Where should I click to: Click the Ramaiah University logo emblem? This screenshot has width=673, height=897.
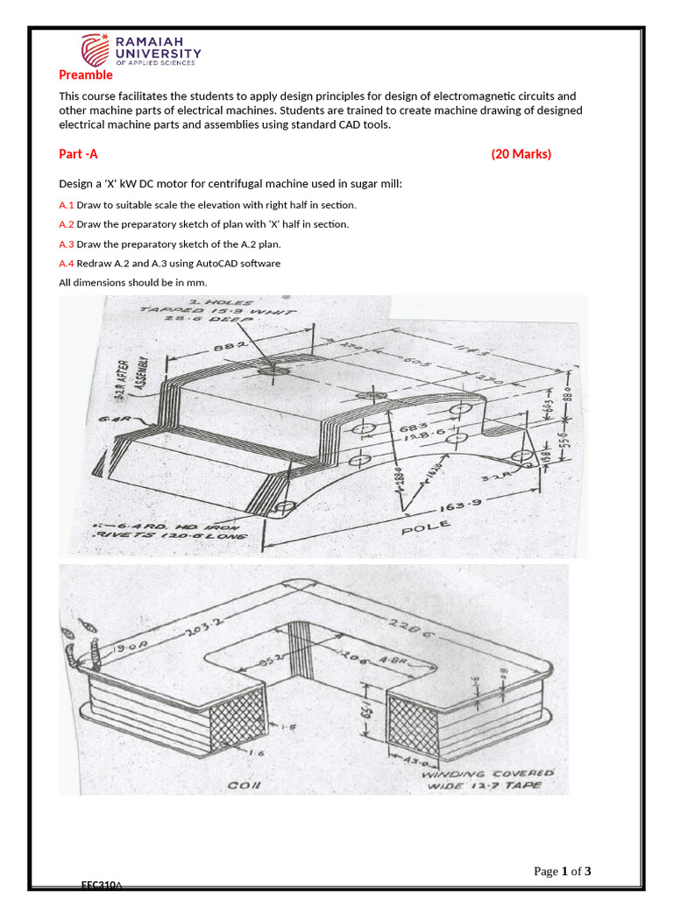tap(96, 50)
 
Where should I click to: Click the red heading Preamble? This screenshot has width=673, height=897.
tap(85, 75)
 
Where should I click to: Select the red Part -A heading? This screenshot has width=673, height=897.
tap(78, 154)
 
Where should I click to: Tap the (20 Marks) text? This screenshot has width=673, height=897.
tap(521, 154)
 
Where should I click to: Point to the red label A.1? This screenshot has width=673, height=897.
tap(67, 205)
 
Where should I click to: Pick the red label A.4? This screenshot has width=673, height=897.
tap(67, 264)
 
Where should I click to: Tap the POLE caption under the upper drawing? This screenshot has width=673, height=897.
tap(426, 526)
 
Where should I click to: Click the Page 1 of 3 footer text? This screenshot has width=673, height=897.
tap(563, 872)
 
